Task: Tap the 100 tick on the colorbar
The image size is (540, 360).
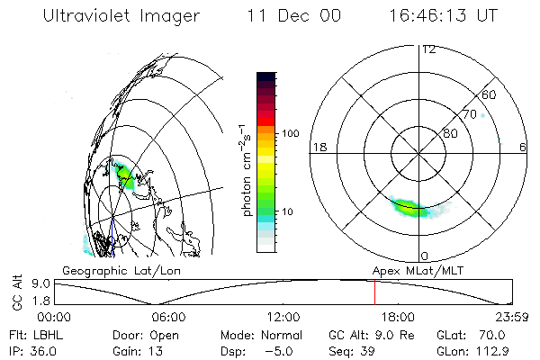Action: tap(291, 132)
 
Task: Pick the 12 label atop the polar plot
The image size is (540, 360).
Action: tap(428, 49)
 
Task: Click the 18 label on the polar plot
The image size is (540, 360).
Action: tap(318, 147)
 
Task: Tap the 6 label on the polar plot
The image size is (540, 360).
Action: tap(523, 147)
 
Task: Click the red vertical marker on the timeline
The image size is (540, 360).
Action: tap(374, 292)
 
